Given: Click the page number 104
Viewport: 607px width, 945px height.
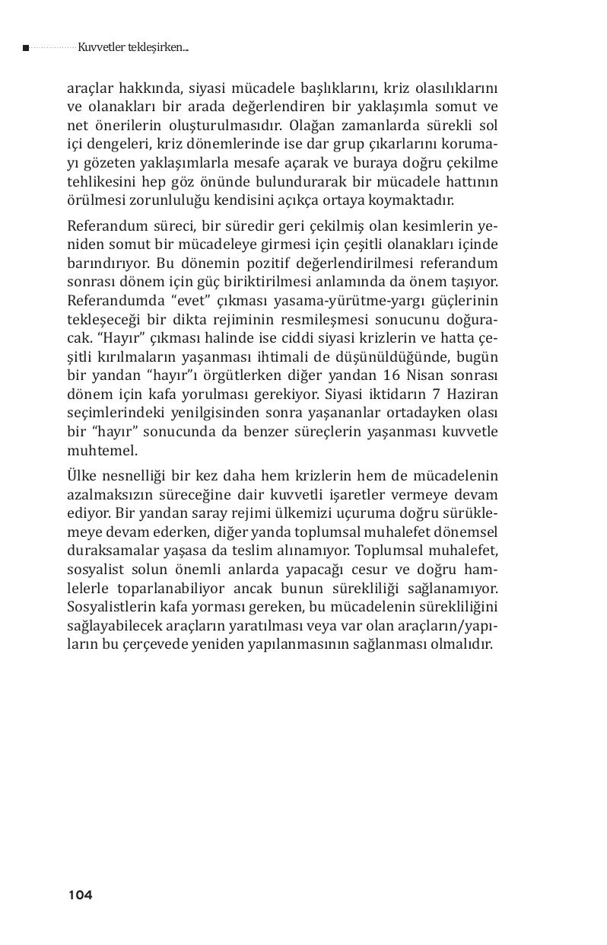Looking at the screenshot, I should click(80, 896).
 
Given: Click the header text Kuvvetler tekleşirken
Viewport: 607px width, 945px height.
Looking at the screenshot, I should click(132, 48).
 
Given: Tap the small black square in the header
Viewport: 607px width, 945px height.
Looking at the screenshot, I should click(26, 48).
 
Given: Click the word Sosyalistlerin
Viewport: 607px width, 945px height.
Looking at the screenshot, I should click(114, 606).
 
